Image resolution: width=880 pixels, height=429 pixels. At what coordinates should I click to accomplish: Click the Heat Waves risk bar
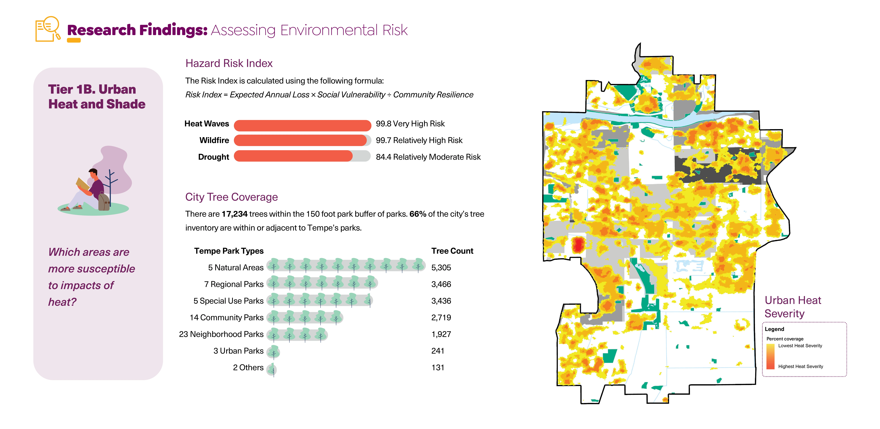click(x=302, y=125)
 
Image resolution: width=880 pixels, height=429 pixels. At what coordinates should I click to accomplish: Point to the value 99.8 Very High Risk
click(x=410, y=124)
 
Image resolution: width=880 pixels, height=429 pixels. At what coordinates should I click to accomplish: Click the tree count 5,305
click(x=441, y=268)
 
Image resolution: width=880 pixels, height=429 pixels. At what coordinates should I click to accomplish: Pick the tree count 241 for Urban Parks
click(x=438, y=351)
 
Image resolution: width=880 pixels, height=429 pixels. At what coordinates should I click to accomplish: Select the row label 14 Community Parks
click(x=227, y=318)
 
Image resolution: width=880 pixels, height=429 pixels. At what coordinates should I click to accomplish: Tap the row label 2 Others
click(x=248, y=368)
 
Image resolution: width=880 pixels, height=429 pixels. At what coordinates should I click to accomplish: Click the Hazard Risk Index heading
click(x=229, y=64)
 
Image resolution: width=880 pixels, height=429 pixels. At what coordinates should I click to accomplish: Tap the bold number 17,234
click(x=234, y=214)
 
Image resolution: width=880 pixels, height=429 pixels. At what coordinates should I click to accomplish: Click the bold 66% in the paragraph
click(x=417, y=214)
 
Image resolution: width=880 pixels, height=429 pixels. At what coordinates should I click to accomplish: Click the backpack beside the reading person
click(x=103, y=202)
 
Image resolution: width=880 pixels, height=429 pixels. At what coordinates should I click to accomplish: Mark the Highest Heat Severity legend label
click(x=800, y=367)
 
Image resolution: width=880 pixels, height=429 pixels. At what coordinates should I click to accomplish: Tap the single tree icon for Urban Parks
click(x=273, y=351)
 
